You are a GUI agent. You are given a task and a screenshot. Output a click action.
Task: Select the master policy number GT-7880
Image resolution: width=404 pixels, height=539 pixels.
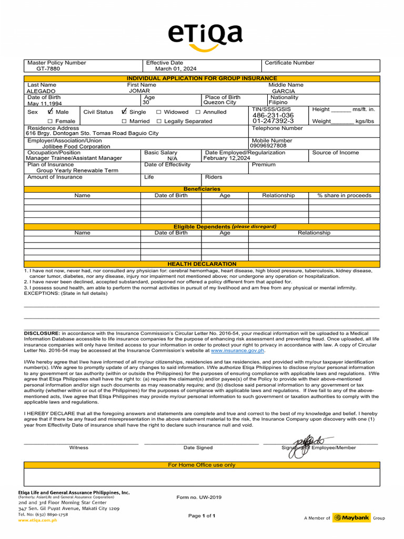pos(48,69)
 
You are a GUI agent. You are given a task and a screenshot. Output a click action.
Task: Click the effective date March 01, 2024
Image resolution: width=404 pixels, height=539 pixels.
pos(176,69)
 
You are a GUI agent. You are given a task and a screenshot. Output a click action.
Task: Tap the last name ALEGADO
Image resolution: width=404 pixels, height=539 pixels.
pos(41,91)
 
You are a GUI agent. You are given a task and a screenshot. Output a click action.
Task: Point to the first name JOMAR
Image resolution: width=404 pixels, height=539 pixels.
pos(136,91)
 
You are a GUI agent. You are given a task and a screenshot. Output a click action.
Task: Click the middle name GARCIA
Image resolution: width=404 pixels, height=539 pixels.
pos(284,91)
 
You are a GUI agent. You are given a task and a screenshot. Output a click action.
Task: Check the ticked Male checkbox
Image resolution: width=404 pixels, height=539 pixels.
pos(50,112)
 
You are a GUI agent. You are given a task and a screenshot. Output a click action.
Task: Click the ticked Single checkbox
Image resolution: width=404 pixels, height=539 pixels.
pos(124,112)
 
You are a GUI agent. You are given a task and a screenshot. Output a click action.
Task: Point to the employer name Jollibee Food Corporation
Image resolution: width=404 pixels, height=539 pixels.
pos(76,147)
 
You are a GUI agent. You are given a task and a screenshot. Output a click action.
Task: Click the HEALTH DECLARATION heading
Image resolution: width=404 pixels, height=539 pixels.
pos(202,264)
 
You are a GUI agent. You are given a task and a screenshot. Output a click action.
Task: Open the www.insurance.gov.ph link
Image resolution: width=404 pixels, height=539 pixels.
pos(237,350)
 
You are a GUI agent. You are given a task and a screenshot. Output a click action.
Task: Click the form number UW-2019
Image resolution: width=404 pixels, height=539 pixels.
pos(199,497)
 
